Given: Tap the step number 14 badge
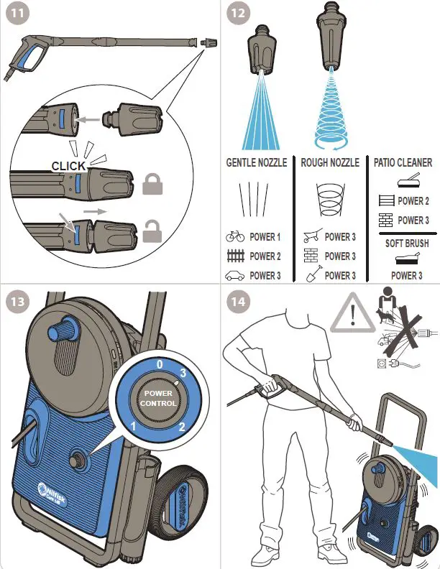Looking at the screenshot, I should (x=237, y=301).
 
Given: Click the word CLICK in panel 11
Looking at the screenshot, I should (x=69, y=167).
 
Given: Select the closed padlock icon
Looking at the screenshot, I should (x=153, y=185).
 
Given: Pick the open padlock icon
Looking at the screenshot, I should (x=153, y=231).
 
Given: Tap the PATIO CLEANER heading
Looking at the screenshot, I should (x=403, y=163).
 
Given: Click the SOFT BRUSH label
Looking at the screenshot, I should (x=406, y=244).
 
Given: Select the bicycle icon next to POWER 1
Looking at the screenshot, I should (x=234, y=236).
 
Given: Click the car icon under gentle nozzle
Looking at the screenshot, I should (x=234, y=276).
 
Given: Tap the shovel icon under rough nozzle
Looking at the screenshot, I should (x=311, y=274).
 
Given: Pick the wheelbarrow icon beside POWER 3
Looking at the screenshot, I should (x=311, y=236).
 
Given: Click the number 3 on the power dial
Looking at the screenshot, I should (x=183, y=373).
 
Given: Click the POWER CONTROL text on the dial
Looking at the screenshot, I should (x=158, y=398).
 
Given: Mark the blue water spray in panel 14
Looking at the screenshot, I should (x=417, y=458).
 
